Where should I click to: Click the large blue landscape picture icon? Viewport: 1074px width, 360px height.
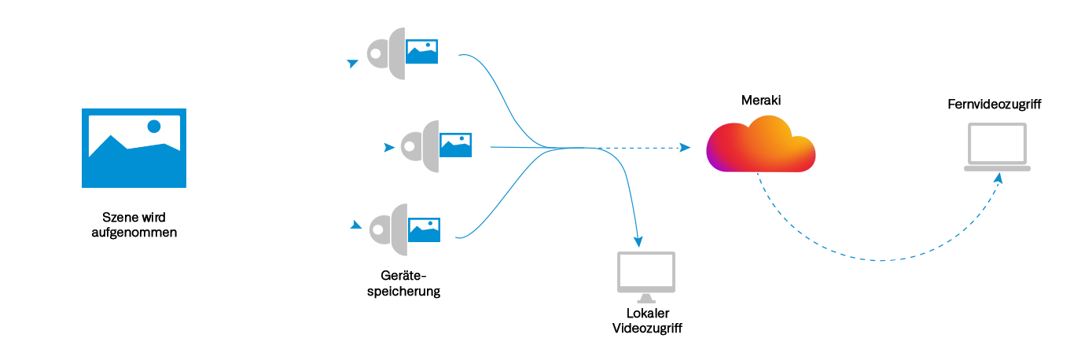(134, 149)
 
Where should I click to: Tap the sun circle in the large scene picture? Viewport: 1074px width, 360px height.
(154, 126)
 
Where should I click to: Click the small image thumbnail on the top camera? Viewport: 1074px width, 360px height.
(422, 52)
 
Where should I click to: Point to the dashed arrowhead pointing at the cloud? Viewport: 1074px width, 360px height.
(686, 148)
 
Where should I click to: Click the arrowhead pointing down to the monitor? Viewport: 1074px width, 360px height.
(638, 239)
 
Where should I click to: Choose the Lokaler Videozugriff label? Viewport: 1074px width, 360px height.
(646, 321)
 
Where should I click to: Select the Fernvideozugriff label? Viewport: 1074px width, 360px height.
(994, 105)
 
